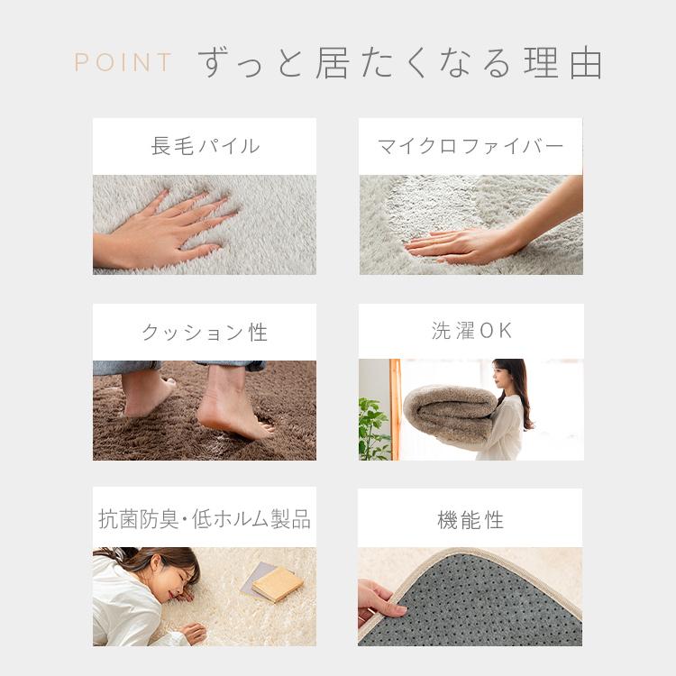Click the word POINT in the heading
click(123, 63)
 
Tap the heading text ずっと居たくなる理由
click(400, 62)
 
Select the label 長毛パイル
click(205, 146)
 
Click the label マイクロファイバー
click(470, 146)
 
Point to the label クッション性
click(205, 333)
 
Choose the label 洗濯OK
click(471, 331)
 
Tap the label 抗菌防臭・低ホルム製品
click(205, 519)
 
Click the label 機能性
click(470, 520)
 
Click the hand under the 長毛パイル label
click(171, 230)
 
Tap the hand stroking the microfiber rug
click(451, 243)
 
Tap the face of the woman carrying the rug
click(501, 377)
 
